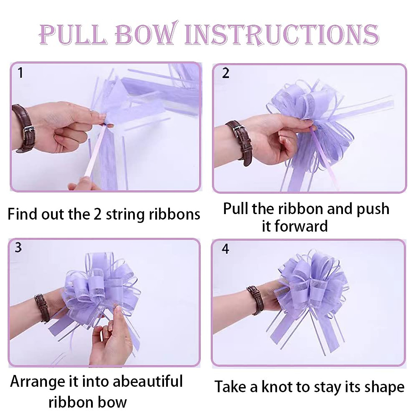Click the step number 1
(21, 73)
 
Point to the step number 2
(226, 73)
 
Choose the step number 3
(18, 247)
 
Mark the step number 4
(226, 249)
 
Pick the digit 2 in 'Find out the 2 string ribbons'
(98, 214)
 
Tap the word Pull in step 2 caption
(236, 209)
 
